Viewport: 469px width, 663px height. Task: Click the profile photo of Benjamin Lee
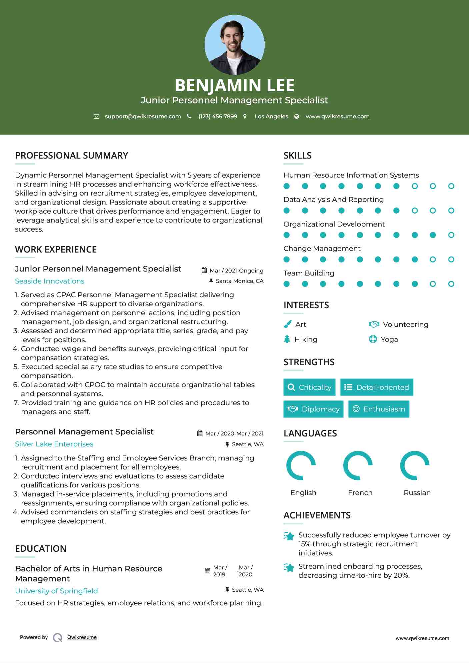234,45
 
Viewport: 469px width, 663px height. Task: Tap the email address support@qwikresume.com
143,116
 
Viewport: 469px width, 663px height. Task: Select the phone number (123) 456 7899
218,116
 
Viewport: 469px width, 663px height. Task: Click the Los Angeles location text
271,116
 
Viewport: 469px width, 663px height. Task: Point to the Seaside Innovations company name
50,281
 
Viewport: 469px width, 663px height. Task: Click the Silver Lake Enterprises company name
54,444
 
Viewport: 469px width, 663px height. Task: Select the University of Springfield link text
56,591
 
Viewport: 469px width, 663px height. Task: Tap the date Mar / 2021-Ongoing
236,271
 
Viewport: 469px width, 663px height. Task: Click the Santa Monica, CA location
239,281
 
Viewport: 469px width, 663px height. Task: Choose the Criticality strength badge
309,387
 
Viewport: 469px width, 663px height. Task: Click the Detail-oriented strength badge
377,387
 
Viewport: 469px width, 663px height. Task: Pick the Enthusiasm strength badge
379,409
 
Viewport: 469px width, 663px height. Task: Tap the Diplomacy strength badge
313,409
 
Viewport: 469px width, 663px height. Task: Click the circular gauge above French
358,465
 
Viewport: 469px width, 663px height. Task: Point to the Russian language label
417,492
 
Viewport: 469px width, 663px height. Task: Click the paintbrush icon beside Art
287,324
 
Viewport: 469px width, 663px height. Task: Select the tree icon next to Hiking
287,339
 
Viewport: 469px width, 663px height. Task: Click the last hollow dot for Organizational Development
451,235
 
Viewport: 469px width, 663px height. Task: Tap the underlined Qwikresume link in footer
82,637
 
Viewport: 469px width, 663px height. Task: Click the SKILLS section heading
297,156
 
